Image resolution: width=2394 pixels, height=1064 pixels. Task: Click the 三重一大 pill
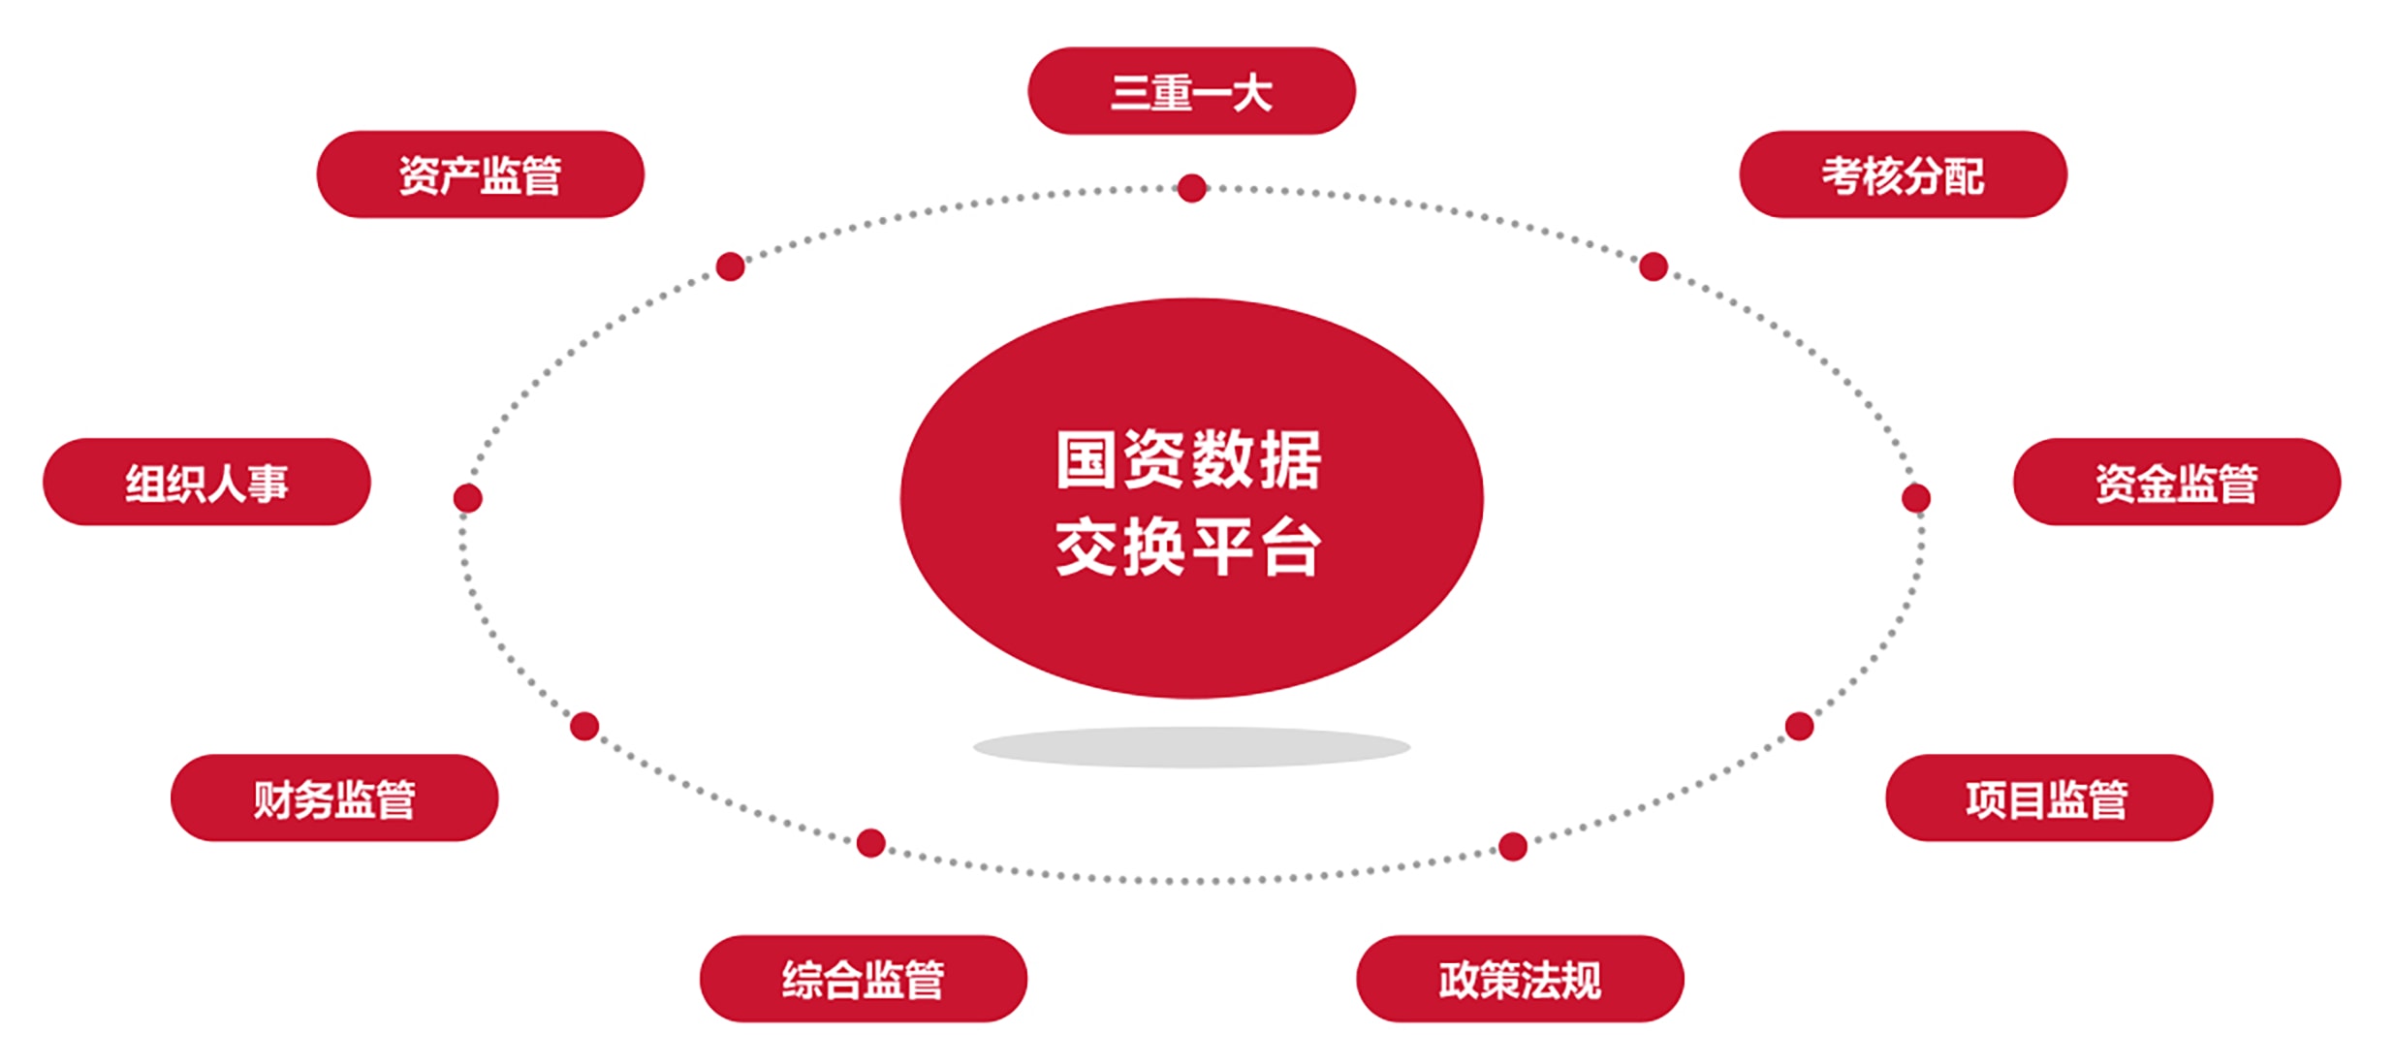point(1191,91)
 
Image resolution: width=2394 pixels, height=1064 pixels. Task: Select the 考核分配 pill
point(1903,174)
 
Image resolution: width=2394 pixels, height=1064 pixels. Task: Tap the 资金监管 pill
point(2177,482)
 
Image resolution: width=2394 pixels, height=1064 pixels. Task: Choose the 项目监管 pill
point(2049,798)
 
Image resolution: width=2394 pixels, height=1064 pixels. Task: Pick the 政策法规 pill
point(1520,979)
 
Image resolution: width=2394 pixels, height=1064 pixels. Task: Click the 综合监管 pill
point(864,979)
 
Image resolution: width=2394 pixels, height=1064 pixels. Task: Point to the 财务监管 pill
point(334,798)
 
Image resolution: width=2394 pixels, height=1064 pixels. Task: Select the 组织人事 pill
point(206,482)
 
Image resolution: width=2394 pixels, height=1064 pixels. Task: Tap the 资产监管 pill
point(481,174)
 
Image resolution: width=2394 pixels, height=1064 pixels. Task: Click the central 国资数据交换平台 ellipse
point(1191,498)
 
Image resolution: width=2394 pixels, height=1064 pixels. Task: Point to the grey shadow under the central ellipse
point(1191,747)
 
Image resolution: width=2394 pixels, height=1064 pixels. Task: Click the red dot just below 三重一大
point(1192,188)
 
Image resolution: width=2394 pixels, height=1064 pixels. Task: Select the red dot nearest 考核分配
point(1654,266)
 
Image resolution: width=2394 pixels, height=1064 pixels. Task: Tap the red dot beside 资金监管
point(1916,498)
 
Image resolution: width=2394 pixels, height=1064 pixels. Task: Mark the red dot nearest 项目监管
point(1800,726)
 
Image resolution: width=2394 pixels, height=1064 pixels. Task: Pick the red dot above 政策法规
point(1513,846)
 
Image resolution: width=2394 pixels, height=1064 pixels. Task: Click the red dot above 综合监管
point(871,843)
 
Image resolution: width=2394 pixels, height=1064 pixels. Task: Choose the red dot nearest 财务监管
point(584,726)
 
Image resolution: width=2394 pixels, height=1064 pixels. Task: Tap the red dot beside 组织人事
point(468,498)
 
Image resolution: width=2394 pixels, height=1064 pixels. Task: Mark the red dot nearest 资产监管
point(731,266)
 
